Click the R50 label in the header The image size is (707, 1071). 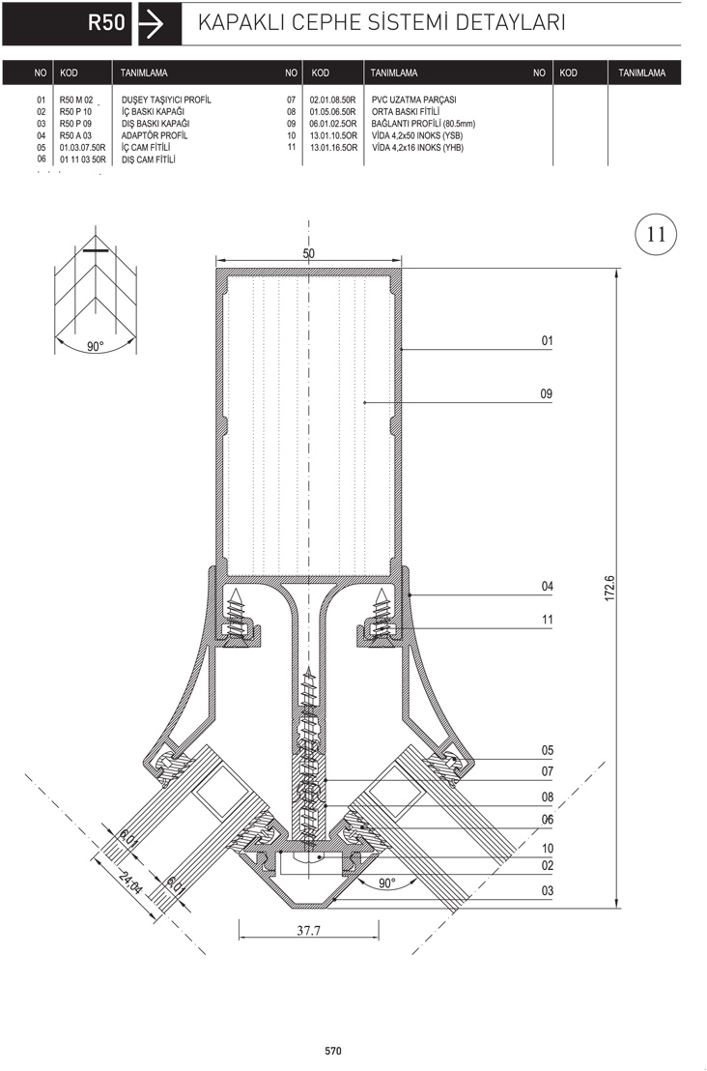pyautogui.click(x=106, y=22)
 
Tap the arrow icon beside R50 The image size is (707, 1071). pyautogui.click(x=151, y=24)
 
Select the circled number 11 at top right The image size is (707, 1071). pyautogui.click(x=656, y=234)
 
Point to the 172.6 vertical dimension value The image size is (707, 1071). pyautogui.click(x=610, y=588)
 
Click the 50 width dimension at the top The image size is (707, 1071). pyautogui.click(x=308, y=253)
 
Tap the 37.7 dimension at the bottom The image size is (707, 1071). pyautogui.click(x=308, y=930)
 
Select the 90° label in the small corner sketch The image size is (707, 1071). pyautogui.click(x=96, y=346)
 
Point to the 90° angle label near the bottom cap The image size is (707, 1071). pyautogui.click(x=387, y=883)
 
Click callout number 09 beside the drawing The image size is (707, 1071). pyautogui.click(x=547, y=394)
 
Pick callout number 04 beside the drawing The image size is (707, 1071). pyautogui.click(x=548, y=586)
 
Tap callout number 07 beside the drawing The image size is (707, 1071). pyautogui.click(x=548, y=771)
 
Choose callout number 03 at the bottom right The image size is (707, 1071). pyautogui.click(x=548, y=890)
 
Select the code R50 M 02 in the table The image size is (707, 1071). pyautogui.click(x=75, y=100)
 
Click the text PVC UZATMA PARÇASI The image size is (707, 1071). pyautogui.click(x=413, y=100)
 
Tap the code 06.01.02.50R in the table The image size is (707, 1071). pyautogui.click(x=333, y=124)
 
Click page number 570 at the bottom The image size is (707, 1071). pyautogui.click(x=333, y=1052)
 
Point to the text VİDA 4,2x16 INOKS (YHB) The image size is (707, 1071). pyautogui.click(x=417, y=148)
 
